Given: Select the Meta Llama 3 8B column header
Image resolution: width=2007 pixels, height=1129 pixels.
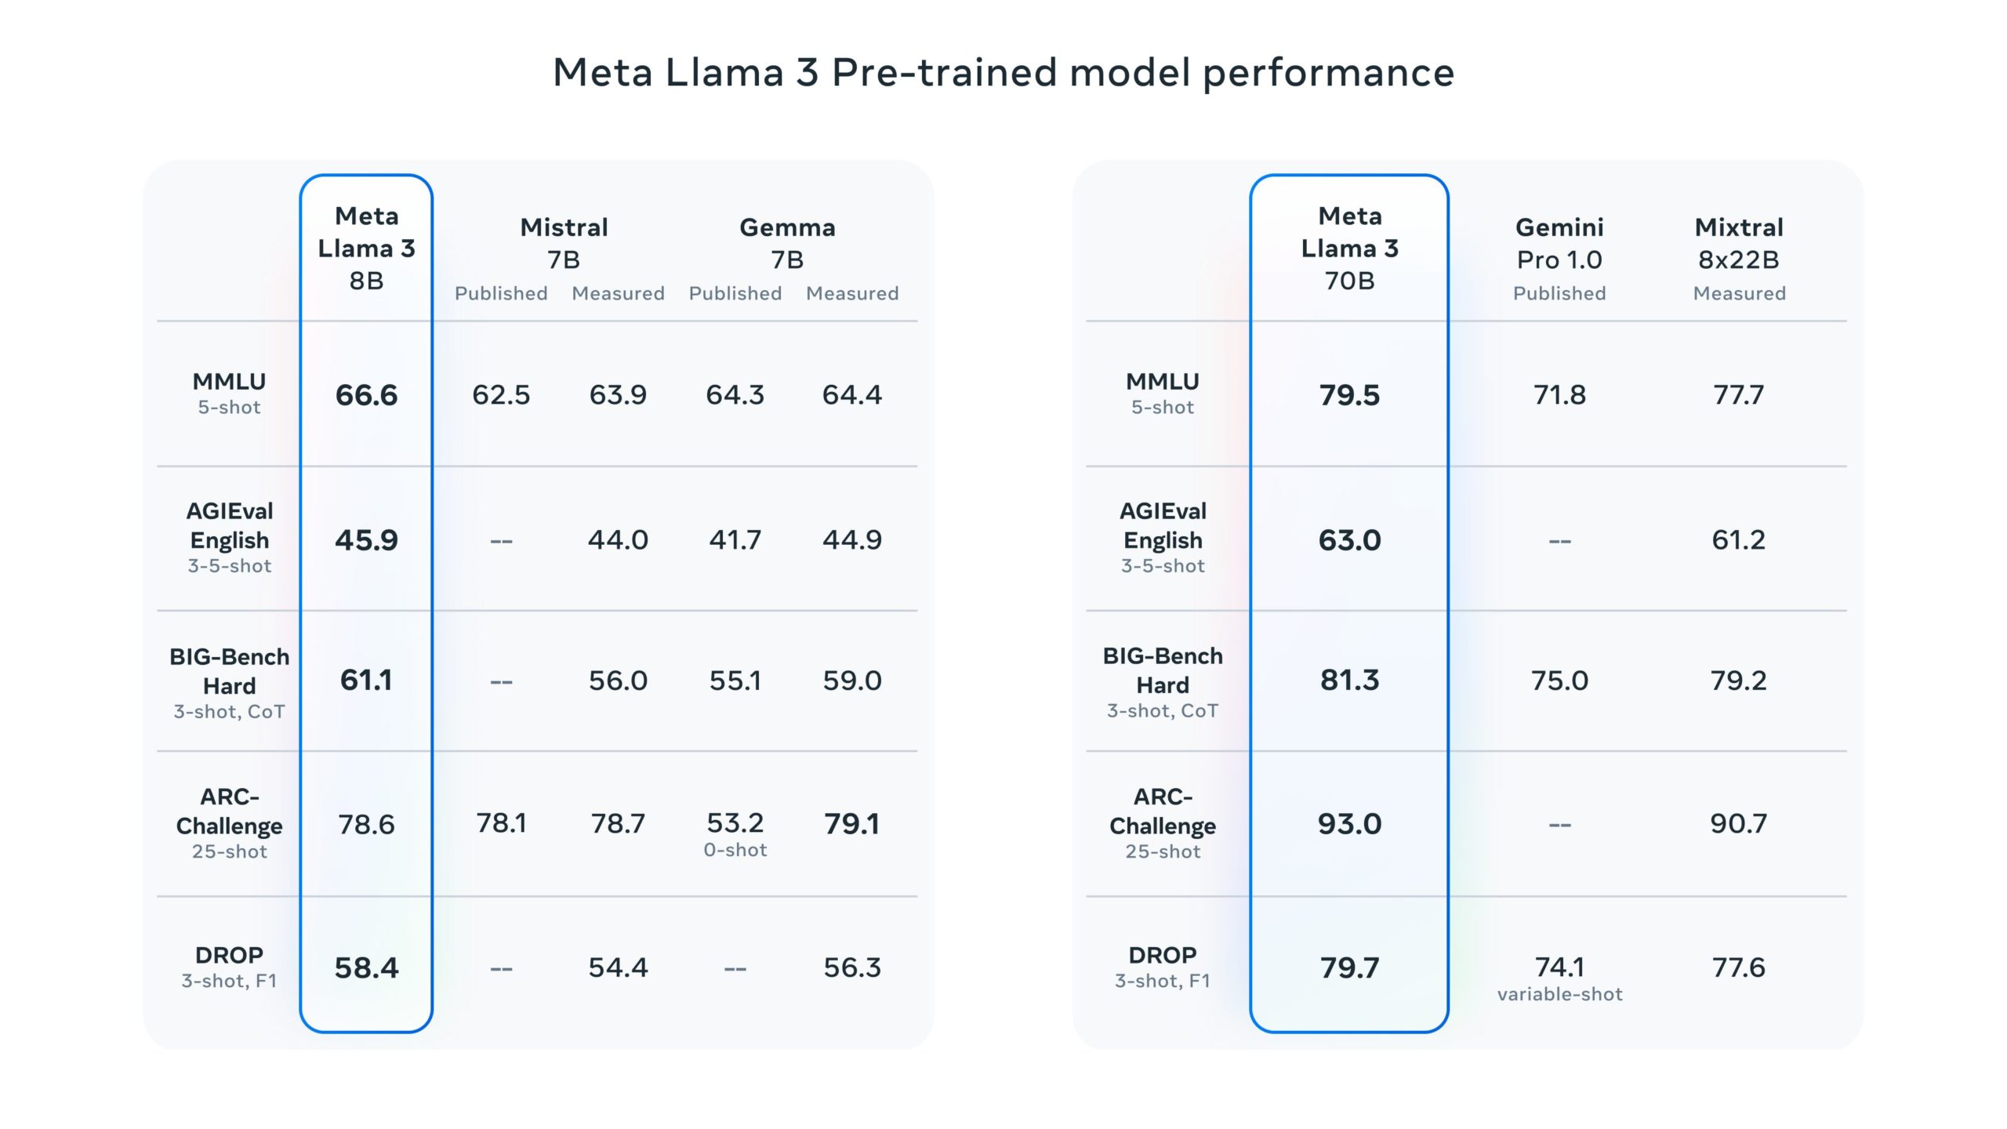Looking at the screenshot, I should [366, 248].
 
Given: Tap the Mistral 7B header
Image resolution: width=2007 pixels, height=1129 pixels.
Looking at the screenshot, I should [564, 243].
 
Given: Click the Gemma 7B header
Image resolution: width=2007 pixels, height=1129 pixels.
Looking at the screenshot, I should [787, 243].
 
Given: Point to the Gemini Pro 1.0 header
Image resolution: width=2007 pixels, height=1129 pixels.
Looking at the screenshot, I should [1559, 243].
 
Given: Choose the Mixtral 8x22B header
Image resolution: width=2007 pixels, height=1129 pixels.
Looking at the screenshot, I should [1738, 243].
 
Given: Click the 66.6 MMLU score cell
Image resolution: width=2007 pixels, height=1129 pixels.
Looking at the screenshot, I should [366, 394].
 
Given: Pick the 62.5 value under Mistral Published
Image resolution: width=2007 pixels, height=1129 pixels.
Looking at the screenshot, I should [501, 394].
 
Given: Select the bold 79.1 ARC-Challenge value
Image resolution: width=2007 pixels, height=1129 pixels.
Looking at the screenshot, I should [851, 823].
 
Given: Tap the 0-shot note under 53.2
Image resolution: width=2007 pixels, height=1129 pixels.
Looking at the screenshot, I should [735, 850].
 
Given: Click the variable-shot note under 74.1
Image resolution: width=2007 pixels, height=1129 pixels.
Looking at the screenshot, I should [1559, 994].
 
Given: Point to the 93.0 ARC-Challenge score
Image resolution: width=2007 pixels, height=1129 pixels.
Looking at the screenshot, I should [1348, 823].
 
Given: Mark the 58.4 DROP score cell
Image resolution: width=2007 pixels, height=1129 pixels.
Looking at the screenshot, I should [366, 967].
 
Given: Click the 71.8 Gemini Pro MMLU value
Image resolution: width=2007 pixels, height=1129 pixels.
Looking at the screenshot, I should [1559, 394].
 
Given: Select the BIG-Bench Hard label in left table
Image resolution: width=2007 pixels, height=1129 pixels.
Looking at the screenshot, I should [229, 671].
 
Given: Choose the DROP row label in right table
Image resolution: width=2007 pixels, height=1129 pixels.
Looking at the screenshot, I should [1162, 955].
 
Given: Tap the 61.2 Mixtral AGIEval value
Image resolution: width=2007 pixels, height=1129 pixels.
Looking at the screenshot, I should [1738, 539].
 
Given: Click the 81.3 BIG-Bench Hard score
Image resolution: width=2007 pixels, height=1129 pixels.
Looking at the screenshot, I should [1348, 680].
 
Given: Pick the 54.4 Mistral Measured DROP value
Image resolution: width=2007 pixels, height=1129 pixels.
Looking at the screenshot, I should [618, 967].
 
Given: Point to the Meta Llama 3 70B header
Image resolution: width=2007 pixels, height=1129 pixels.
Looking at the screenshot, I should [1348, 248].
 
